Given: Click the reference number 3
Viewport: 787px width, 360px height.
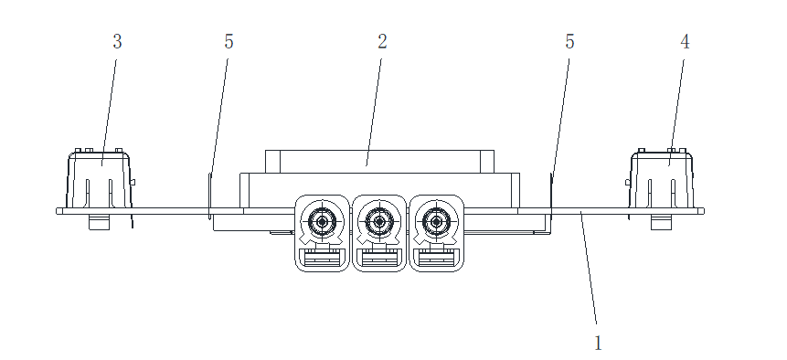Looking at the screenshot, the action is pos(117,42).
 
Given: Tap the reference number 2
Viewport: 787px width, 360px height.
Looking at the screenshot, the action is pos(382,42).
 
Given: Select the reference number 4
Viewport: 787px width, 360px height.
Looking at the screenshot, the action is pos(685,42).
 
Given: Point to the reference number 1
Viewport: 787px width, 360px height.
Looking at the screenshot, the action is pos(598,344).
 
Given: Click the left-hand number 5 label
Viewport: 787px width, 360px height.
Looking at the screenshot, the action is pos(229,42).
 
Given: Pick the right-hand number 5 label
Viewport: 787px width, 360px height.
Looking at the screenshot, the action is pos(569,42).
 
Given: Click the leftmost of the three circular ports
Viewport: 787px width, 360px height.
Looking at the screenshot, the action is pos(322,220).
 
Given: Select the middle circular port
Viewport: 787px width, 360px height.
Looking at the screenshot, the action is pos(379,220).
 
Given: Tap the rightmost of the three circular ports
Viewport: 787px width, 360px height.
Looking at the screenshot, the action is pos(436,220).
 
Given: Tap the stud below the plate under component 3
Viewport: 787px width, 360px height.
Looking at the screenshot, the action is pos(99,222).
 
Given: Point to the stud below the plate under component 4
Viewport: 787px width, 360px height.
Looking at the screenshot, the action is pos(662,222).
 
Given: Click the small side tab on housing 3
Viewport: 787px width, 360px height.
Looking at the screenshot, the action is pos(133,183).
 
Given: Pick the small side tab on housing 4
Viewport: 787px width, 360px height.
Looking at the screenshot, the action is pos(628,183).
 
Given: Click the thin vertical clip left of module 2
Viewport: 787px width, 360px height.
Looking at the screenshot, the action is pos(210,196).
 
